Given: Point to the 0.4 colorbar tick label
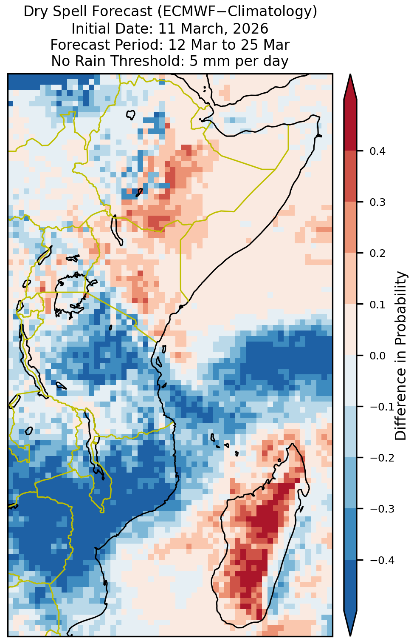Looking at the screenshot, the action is (377, 151).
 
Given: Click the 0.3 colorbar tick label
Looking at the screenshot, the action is (377, 202).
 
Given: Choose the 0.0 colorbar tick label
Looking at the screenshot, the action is (377, 356).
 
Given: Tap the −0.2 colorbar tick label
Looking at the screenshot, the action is (382, 458).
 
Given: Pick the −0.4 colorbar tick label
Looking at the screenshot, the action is (382, 560).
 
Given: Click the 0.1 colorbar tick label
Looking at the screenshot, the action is (377, 305).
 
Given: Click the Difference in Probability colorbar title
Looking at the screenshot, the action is (400, 355).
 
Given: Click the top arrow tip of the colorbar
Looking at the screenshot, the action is (350, 74).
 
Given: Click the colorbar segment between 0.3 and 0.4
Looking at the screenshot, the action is (350, 177).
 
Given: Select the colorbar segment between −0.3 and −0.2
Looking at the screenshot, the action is (350, 483).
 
